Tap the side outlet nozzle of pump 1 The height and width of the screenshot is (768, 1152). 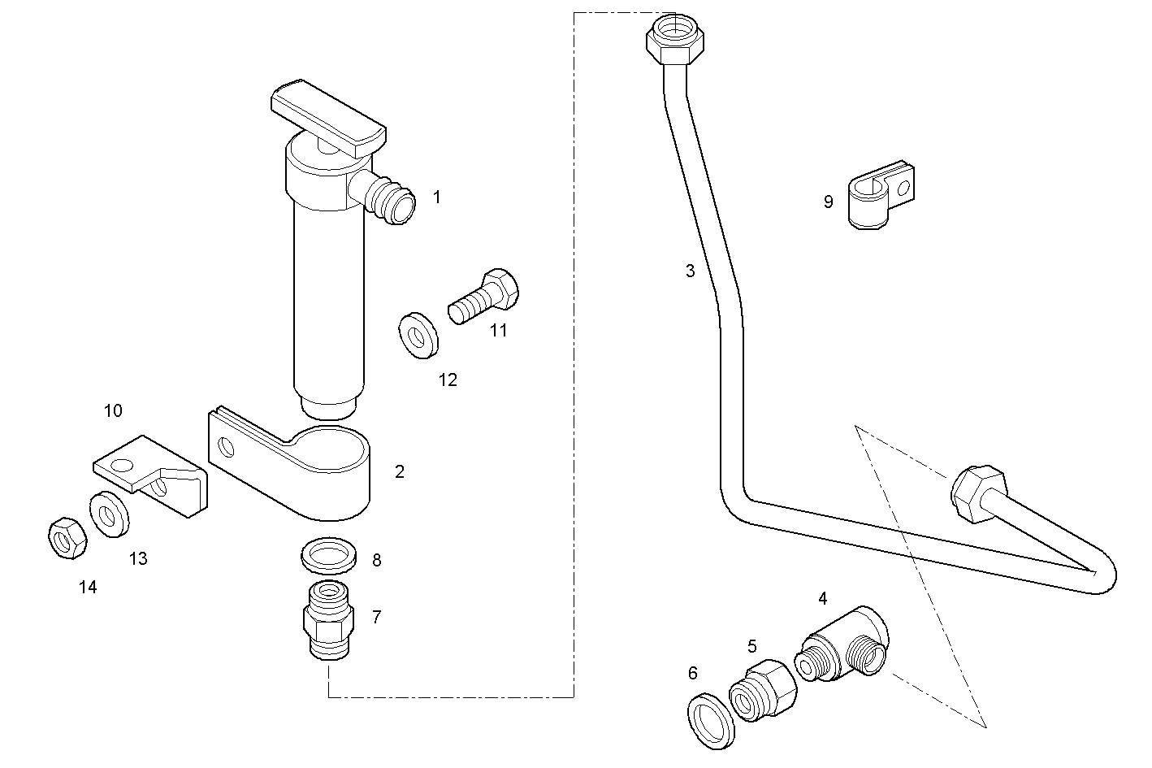click(x=390, y=200)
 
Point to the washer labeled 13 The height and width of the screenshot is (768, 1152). click(x=106, y=514)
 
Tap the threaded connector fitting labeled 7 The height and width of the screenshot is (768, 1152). click(x=328, y=621)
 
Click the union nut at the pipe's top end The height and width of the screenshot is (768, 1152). click(x=676, y=41)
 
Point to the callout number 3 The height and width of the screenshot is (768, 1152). click(x=690, y=271)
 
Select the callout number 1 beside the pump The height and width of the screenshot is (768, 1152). click(x=437, y=197)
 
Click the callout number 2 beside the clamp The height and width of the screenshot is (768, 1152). click(x=399, y=471)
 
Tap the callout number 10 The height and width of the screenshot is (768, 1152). click(x=113, y=411)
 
